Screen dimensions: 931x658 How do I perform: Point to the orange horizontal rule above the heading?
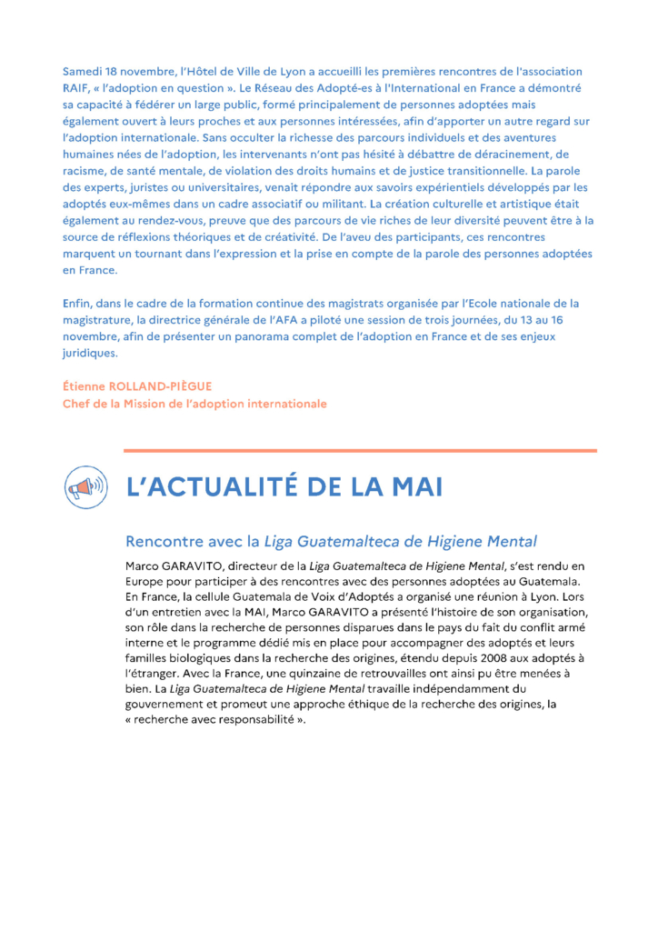click(360, 450)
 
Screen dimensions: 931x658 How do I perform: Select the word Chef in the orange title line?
click(76, 403)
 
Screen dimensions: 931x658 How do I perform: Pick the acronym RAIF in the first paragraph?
click(76, 88)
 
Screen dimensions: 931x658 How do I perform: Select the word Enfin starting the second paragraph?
click(78, 303)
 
